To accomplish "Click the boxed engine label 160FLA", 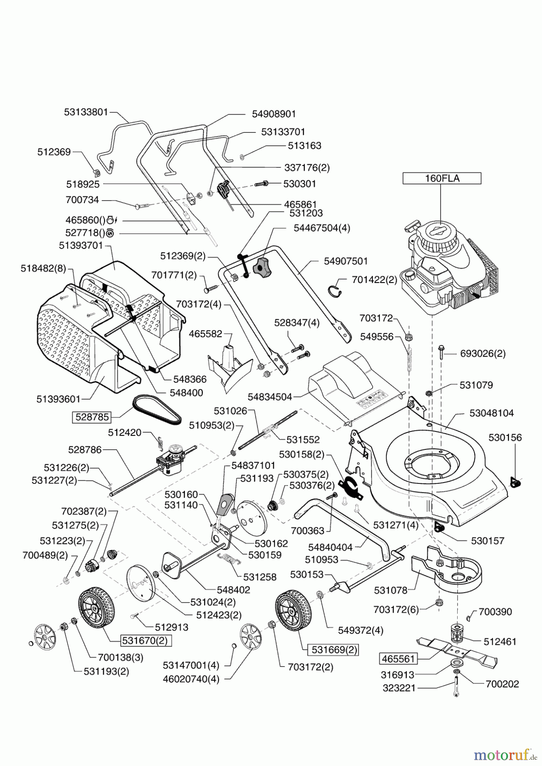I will pyautogui.click(x=442, y=179).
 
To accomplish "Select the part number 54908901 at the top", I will pyautogui.click(x=274, y=114).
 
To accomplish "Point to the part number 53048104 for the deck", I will pyautogui.click(x=491, y=413).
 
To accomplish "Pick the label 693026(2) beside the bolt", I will pyautogui.click(x=482, y=354).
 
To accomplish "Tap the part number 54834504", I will pyautogui.click(x=270, y=397).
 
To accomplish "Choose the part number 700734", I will pyautogui.click(x=82, y=200).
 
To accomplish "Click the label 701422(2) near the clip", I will pyautogui.click(x=375, y=280).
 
